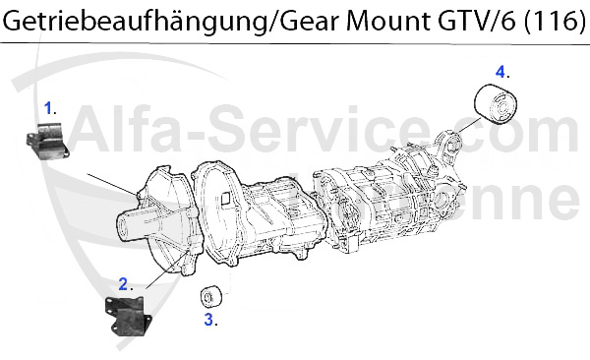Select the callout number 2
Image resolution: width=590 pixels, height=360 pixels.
pos(125,284)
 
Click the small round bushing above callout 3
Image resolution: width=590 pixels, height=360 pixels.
pos(209,297)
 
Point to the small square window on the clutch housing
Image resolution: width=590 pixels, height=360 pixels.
pos(225,197)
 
